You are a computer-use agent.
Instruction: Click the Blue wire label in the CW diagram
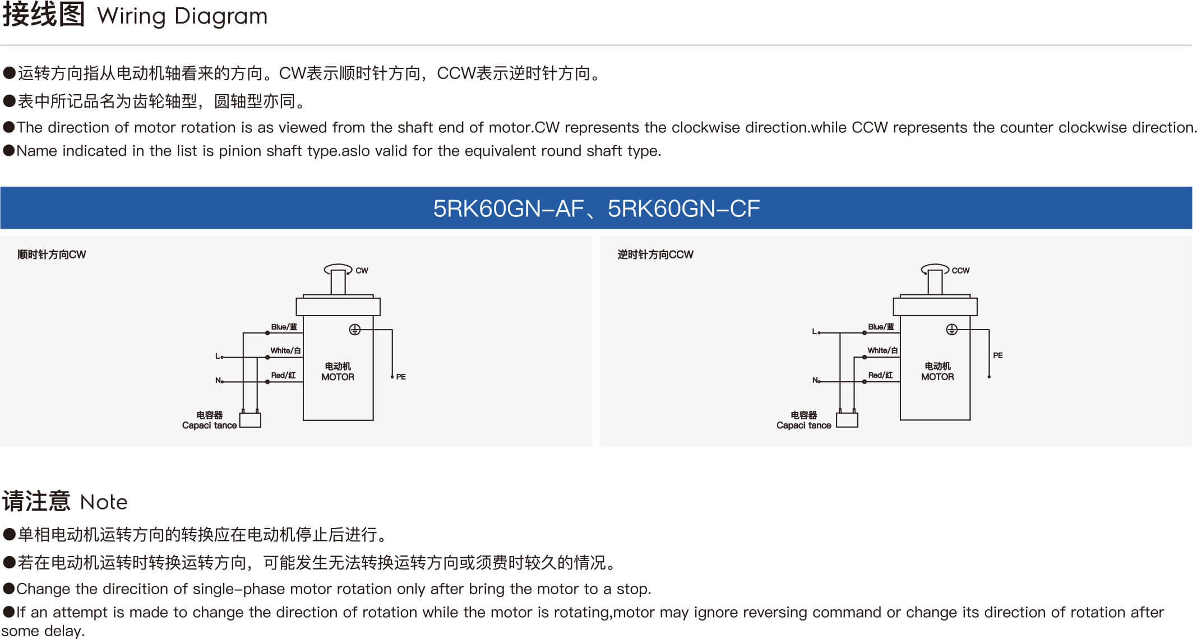pos(284,327)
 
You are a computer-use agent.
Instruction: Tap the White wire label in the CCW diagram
pos(882,350)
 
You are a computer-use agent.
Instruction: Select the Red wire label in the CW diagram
pos(283,375)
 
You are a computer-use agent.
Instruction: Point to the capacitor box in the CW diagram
pos(250,420)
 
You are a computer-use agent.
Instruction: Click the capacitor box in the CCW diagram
pos(847,420)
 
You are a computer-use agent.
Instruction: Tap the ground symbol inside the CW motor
pos(354,330)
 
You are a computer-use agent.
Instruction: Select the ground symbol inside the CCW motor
pos(951,330)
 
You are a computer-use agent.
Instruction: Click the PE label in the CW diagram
pos(401,377)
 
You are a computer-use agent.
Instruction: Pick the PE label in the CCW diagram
pos(998,355)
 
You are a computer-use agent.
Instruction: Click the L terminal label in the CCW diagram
pos(815,331)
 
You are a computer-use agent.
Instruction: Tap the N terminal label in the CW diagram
pos(218,380)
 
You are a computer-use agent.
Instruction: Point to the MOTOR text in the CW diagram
pos(338,377)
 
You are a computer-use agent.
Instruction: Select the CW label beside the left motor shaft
pos(362,270)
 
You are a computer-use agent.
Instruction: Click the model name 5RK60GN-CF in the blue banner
pos(683,209)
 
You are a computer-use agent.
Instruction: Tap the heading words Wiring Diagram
pos(182,16)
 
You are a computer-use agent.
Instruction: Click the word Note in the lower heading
pos(104,502)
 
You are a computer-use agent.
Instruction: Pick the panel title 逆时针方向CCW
pos(655,254)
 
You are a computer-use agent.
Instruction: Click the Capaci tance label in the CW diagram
pos(209,425)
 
